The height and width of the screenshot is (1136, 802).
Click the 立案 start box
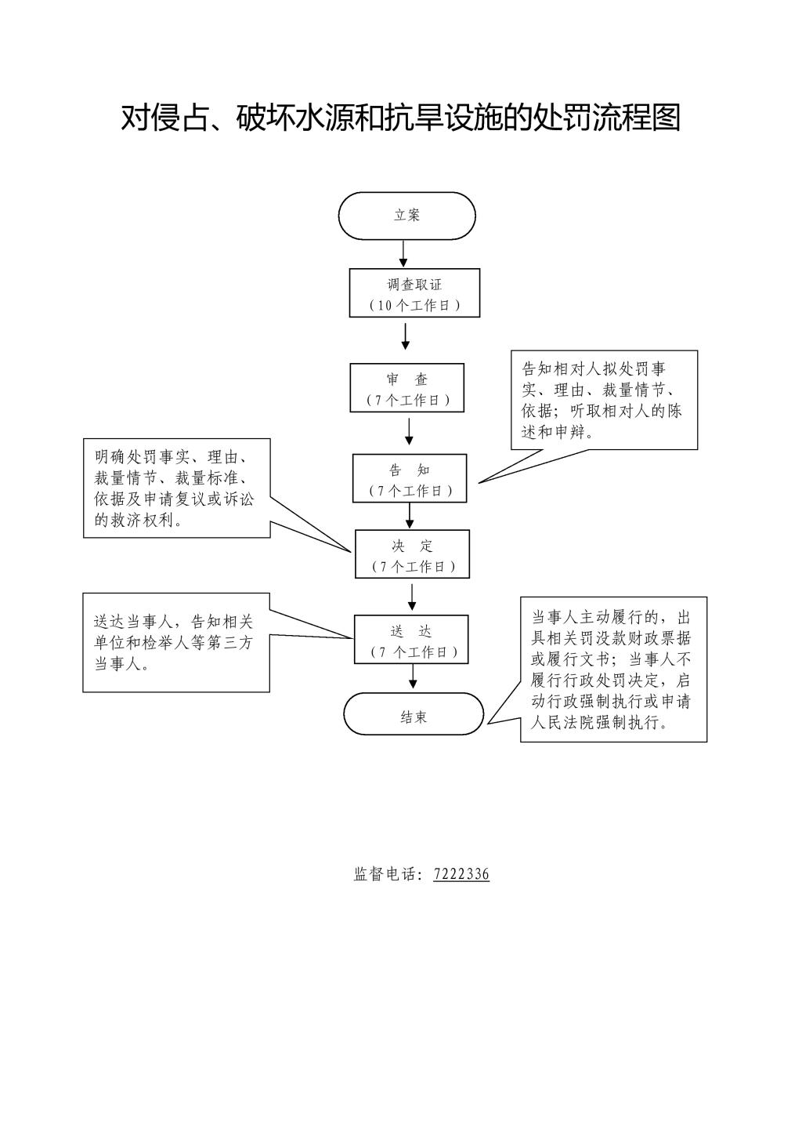(406, 216)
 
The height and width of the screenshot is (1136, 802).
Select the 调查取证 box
(414, 293)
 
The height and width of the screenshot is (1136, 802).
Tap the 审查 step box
(406, 387)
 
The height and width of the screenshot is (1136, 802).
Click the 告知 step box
(410, 478)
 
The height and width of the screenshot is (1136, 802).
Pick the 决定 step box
(412, 554)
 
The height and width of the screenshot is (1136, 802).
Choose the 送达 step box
(411, 639)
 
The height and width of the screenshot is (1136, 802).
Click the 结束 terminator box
(414, 713)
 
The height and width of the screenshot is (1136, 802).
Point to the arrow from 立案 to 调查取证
(403, 253)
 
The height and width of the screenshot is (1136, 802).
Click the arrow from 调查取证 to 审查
(406, 336)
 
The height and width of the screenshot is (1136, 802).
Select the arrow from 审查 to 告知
(409, 431)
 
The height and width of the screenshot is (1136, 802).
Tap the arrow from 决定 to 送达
(412, 597)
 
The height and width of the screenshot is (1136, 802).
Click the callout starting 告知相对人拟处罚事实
(604, 400)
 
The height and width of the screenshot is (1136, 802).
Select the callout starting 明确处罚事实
(176, 488)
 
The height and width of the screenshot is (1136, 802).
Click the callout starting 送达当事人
(176, 643)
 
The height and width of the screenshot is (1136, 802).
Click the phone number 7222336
(461, 874)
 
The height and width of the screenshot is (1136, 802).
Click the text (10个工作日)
(414, 306)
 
